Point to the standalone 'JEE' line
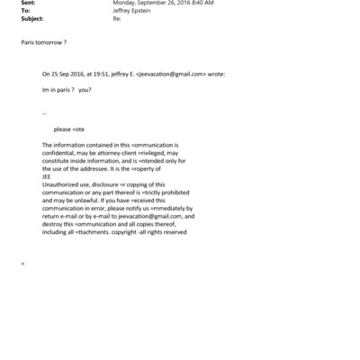coord(48,175)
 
